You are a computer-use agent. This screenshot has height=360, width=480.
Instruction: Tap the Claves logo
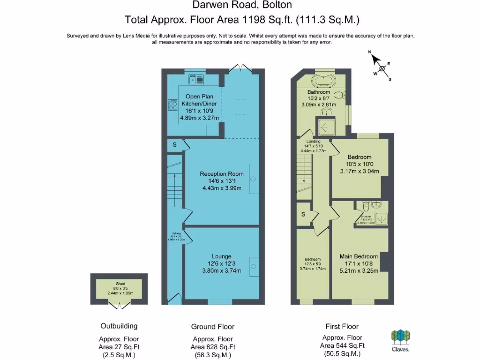point(401,339)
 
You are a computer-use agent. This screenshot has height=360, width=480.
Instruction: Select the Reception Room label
point(222,174)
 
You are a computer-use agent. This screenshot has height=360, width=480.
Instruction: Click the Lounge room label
point(221,256)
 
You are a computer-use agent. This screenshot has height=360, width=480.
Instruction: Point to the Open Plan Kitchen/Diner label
point(200,99)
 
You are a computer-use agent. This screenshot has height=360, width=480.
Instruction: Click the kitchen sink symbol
point(196,80)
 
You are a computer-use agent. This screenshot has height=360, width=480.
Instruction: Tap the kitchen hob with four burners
point(170,106)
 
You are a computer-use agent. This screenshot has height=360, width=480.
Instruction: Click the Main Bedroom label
point(359,256)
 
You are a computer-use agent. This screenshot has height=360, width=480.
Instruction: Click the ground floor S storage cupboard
point(174,145)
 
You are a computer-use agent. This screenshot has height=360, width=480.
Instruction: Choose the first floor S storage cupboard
point(303,214)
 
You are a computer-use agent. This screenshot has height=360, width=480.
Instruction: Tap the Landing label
point(313,141)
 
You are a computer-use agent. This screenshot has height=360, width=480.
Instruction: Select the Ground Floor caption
point(212,326)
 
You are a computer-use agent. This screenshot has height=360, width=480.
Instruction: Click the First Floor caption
point(343,326)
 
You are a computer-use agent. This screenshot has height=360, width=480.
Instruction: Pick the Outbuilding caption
point(119,326)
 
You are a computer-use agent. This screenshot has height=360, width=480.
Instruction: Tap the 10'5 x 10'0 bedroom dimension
point(359,164)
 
